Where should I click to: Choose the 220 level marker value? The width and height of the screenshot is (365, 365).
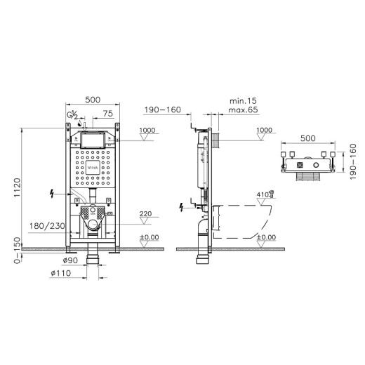147,213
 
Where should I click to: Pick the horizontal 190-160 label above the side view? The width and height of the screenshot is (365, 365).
163,110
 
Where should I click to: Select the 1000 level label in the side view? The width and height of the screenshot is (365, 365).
264,130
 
